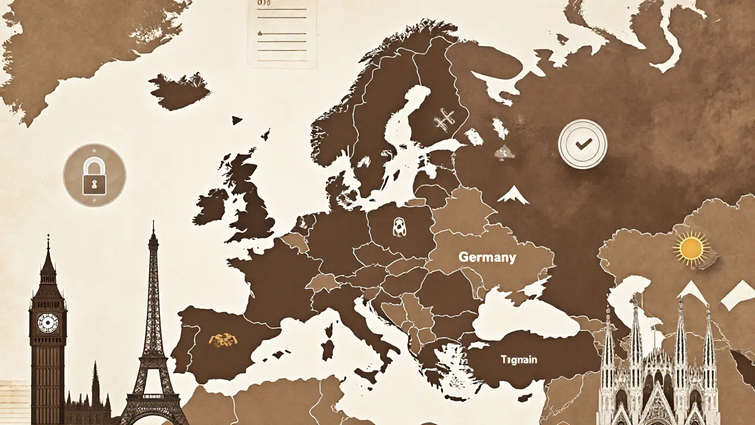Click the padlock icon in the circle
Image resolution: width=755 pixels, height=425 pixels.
pos(94,175)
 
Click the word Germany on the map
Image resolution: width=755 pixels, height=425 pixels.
pos(487,257)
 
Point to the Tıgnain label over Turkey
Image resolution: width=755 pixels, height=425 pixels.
pos(519,359)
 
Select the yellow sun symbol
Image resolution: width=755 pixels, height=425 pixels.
pos(691,249)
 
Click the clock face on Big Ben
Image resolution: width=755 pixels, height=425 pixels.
pos(47,322)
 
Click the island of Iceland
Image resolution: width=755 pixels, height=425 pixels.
pos(180,91)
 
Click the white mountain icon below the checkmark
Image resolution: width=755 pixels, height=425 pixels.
pos(513,194)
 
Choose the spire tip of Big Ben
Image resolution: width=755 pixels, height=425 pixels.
pos(48,237)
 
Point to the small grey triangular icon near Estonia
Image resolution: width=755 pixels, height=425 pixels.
pos(503,153)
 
